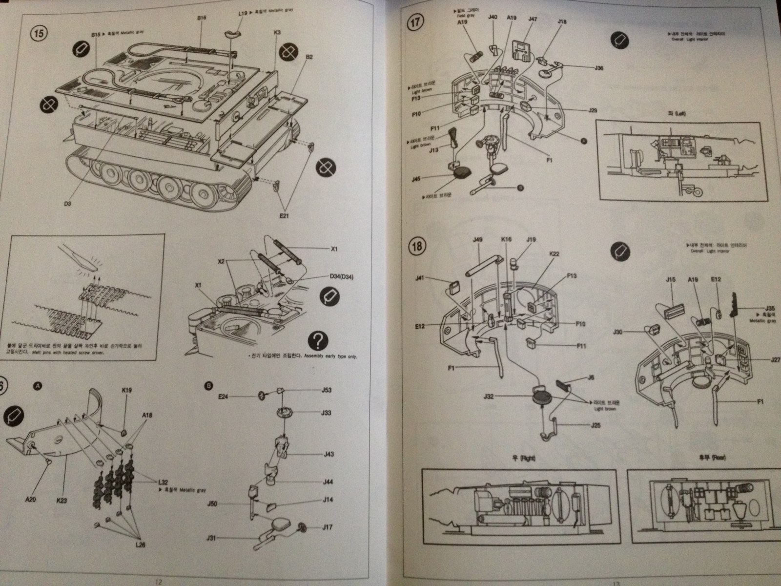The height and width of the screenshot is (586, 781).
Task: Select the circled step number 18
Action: tap(417, 246)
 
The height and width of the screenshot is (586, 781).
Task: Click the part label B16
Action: tap(202, 18)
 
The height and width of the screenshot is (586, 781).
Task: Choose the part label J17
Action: tap(328, 527)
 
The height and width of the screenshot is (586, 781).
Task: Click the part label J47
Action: tap(533, 19)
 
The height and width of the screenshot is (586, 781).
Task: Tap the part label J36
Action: tap(599, 68)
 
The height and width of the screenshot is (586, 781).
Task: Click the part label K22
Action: tap(554, 254)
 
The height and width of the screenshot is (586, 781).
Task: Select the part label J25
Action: tap(595, 425)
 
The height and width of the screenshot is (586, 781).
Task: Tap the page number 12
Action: tap(158, 582)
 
